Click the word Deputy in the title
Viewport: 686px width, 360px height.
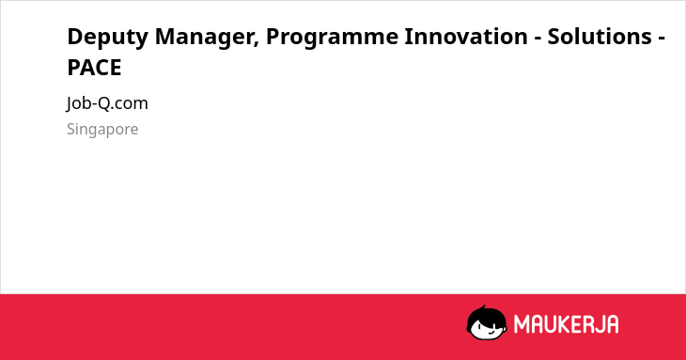click(x=108, y=38)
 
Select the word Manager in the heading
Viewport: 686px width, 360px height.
click(x=204, y=38)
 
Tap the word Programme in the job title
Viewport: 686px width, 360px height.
click(x=332, y=38)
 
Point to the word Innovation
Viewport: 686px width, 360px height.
click(x=466, y=37)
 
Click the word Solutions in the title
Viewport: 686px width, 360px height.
click(x=600, y=37)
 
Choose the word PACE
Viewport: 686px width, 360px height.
click(x=94, y=68)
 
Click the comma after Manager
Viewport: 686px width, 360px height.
click(x=256, y=44)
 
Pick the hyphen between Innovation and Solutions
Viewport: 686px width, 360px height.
click(x=538, y=39)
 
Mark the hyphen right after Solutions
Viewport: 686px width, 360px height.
click(x=661, y=39)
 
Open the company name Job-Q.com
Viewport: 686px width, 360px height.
click(x=107, y=104)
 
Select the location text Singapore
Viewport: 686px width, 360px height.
click(x=102, y=130)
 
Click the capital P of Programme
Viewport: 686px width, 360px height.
click(x=273, y=37)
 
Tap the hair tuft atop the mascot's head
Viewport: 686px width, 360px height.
click(x=483, y=307)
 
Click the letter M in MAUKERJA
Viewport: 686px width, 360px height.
click(x=522, y=324)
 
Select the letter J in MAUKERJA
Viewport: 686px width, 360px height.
click(x=599, y=324)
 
